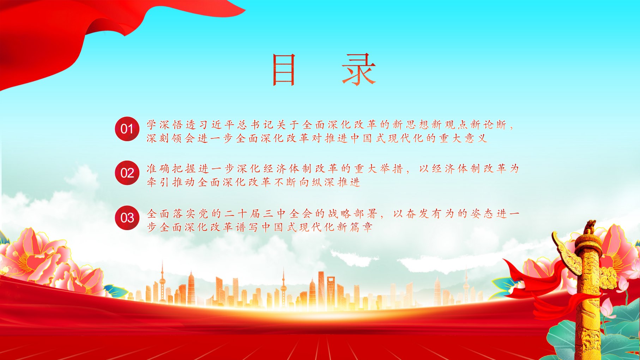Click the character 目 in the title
point(284,70)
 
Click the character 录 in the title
point(359,70)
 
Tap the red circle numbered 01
point(127,129)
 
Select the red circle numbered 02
point(127,173)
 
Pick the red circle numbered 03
point(127,217)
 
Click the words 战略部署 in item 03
point(352,214)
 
